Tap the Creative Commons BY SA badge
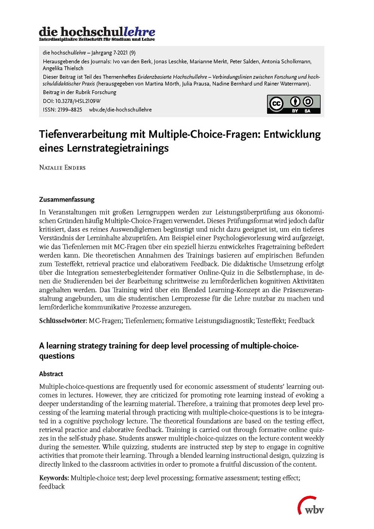(294, 104)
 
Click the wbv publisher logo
(311, 506)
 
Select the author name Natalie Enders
(62, 167)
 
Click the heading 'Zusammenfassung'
(67, 199)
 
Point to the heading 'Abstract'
(51, 374)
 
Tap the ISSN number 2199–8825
(70, 110)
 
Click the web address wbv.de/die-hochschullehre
(120, 110)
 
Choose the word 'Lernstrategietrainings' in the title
(117, 148)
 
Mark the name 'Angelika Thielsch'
(63, 68)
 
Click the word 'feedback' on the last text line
(52, 486)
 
